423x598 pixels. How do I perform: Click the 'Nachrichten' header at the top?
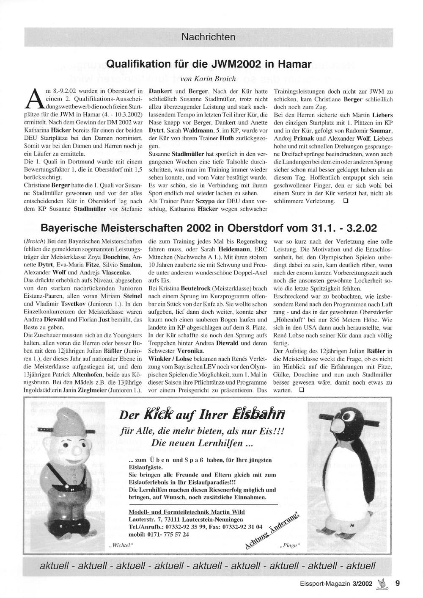pyautogui.click(x=208, y=37)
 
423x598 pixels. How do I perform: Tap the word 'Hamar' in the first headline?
pyautogui.click(x=293, y=64)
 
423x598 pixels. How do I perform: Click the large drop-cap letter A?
pyautogui.click(x=34, y=100)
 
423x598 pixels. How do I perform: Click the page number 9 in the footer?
pyautogui.click(x=397, y=583)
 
